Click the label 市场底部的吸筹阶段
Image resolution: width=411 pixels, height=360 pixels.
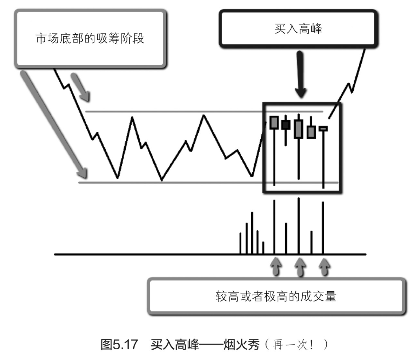click(x=90, y=39)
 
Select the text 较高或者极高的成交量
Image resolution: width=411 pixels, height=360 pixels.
click(x=276, y=296)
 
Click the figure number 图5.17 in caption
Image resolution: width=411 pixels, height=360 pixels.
click(x=119, y=344)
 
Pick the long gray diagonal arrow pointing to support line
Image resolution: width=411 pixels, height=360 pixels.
click(x=53, y=124)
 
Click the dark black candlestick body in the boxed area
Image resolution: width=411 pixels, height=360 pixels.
click(x=286, y=125)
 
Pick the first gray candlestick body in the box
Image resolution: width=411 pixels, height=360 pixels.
click(x=274, y=122)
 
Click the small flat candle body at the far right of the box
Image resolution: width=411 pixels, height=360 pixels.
click(x=323, y=129)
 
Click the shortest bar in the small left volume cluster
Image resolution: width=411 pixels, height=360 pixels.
click(x=263, y=248)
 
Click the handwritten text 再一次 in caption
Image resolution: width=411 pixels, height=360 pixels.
click(x=293, y=344)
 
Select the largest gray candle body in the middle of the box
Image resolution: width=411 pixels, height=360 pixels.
click(x=298, y=129)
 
